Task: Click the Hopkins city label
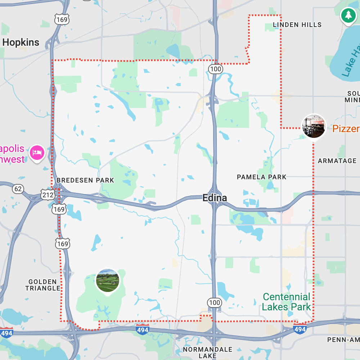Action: [x=21, y=42]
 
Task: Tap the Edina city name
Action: [x=215, y=198]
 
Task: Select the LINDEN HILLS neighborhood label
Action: [x=297, y=25]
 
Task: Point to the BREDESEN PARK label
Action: [x=85, y=180]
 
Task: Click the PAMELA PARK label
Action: [x=261, y=177]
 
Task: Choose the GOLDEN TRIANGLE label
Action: [x=43, y=285]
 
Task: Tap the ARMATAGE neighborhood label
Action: [x=337, y=161]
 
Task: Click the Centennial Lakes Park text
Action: [x=286, y=302]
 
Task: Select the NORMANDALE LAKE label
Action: [x=207, y=352]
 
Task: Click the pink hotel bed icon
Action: [x=37, y=153]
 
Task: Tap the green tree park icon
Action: [x=348, y=15]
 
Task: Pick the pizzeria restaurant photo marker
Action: [x=314, y=126]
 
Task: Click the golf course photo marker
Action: [x=108, y=280]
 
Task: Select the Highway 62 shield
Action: [x=18, y=189]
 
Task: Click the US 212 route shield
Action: [x=48, y=195]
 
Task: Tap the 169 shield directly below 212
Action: [x=59, y=209]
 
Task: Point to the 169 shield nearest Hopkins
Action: [x=62, y=19]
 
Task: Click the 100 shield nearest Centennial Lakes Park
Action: [x=215, y=302]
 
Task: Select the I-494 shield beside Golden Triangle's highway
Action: [x=6, y=333]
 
